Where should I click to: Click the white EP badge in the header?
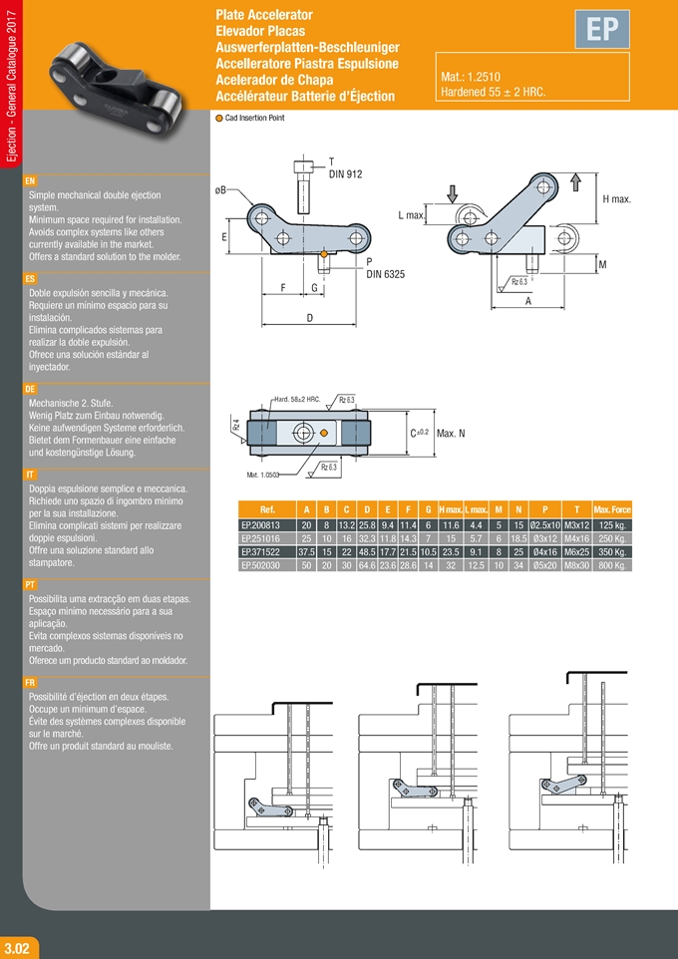601,31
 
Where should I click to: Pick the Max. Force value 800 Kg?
612,565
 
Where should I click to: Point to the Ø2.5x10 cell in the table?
544,524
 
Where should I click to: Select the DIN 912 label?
345,174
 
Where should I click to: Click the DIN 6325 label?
385,273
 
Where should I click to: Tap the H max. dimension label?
617,199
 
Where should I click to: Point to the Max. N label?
451,433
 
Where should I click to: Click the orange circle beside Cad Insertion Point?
219,118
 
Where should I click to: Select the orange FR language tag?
30,683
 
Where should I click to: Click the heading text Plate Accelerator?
264,15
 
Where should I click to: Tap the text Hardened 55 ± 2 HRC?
493,92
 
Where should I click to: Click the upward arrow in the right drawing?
575,181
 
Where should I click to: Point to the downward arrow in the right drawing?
451,192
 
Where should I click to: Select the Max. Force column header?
612,509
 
